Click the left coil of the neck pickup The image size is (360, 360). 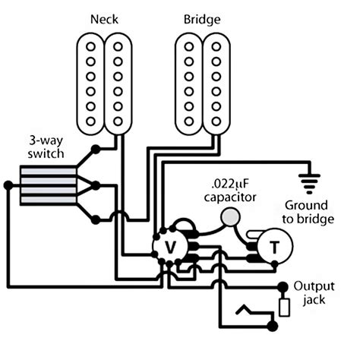[x=90, y=84]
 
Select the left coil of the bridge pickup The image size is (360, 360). [x=186, y=84]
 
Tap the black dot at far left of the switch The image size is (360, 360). [x=7, y=184]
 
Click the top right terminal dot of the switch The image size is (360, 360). [x=95, y=149]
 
